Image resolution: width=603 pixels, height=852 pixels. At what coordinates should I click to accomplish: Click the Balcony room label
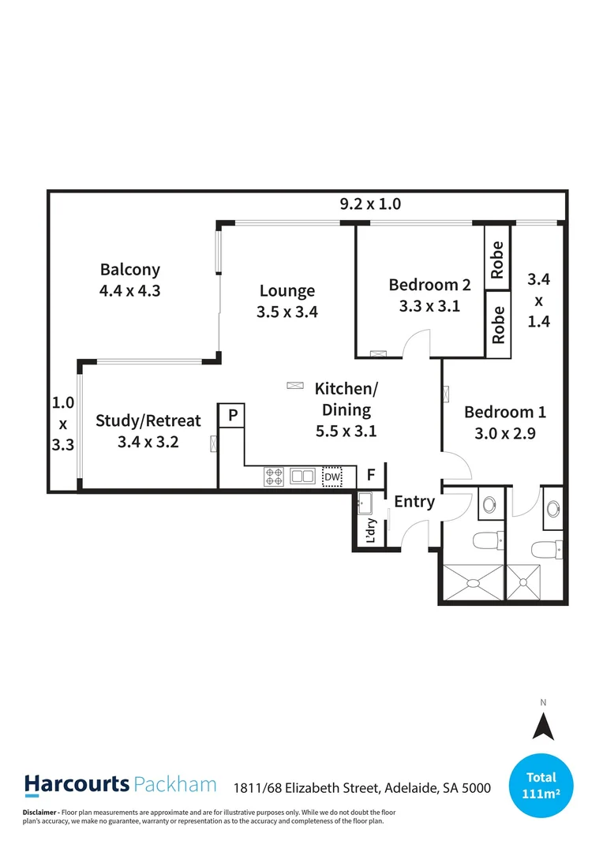click(x=130, y=270)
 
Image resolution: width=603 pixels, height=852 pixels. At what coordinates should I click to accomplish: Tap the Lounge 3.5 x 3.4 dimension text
click(x=287, y=312)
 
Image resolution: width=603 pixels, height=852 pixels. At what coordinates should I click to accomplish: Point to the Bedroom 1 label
click(x=505, y=412)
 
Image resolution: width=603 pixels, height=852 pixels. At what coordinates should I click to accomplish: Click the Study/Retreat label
click(x=148, y=420)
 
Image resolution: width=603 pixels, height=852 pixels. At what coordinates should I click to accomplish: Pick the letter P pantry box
click(x=233, y=415)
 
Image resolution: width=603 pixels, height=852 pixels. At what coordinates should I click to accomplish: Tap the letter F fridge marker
click(x=371, y=476)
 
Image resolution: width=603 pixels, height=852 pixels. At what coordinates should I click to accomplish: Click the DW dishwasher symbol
click(x=332, y=477)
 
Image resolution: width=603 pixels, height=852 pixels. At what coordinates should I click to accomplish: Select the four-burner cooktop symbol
click(x=275, y=476)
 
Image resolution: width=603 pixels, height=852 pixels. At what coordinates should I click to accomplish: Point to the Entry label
click(x=414, y=502)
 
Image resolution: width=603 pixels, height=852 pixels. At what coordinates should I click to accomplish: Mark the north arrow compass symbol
click(x=542, y=724)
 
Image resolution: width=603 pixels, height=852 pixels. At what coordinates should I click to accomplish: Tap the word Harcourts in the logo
click(x=77, y=784)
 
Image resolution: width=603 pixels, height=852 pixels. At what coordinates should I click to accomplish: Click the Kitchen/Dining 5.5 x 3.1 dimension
click(x=346, y=431)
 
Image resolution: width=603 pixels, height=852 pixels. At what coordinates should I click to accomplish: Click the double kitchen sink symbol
click(x=301, y=476)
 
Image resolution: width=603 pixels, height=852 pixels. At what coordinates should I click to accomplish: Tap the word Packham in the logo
click(x=175, y=784)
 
